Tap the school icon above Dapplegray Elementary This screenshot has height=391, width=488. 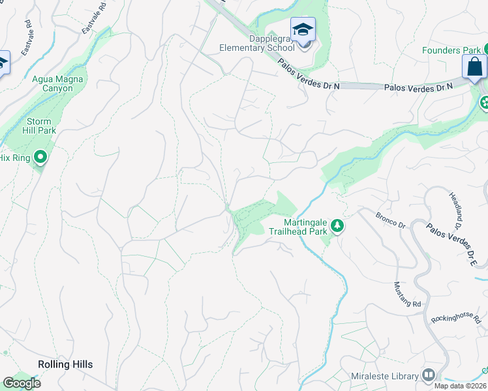303,29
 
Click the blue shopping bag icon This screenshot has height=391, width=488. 474,66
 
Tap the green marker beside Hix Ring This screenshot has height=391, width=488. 40,157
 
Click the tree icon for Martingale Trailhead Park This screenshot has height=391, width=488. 337,226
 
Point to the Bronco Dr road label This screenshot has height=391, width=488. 391,220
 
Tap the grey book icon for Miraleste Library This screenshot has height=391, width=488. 429,375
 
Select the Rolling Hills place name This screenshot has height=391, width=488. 65,364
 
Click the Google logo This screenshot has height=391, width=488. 22,383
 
